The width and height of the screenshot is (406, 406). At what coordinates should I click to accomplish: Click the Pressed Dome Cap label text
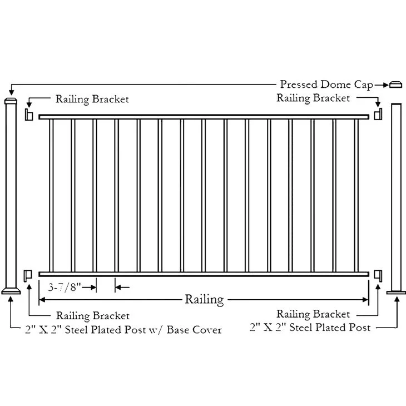pyautogui.click(x=326, y=85)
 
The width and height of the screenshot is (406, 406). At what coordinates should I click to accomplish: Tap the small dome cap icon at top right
pyautogui.click(x=395, y=85)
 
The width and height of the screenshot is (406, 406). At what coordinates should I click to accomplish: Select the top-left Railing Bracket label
pyautogui.click(x=92, y=100)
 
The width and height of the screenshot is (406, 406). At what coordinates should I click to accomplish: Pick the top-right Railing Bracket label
pyautogui.click(x=313, y=98)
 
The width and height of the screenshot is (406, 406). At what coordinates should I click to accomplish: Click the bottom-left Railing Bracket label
pyautogui.click(x=93, y=316)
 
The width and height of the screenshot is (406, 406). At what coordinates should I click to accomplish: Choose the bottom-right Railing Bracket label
pyautogui.click(x=313, y=315)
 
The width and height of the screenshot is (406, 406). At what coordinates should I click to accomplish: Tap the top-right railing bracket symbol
pyautogui.click(x=378, y=115)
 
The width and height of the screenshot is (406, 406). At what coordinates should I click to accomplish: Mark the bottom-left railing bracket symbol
pyautogui.click(x=29, y=274)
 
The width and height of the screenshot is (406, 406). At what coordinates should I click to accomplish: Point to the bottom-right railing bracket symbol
pyautogui.click(x=378, y=274)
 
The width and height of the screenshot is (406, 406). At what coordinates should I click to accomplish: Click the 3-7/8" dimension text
pyautogui.click(x=65, y=288)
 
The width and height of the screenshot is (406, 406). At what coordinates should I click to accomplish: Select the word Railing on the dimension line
pyautogui.click(x=204, y=300)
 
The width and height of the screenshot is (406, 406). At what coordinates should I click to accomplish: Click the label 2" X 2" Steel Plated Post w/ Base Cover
pyautogui.click(x=123, y=330)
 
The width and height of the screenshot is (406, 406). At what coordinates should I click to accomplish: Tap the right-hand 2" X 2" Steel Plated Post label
pyautogui.click(x=310, y=328)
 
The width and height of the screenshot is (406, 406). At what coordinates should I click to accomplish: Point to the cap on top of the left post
pyautogui.click(x=12, y=102)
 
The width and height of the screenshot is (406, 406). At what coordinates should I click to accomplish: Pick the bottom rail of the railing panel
pyautogui.click(x=204, y=274)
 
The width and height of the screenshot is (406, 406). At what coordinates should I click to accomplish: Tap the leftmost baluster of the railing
pyautogui.click(x=51, y=195)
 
